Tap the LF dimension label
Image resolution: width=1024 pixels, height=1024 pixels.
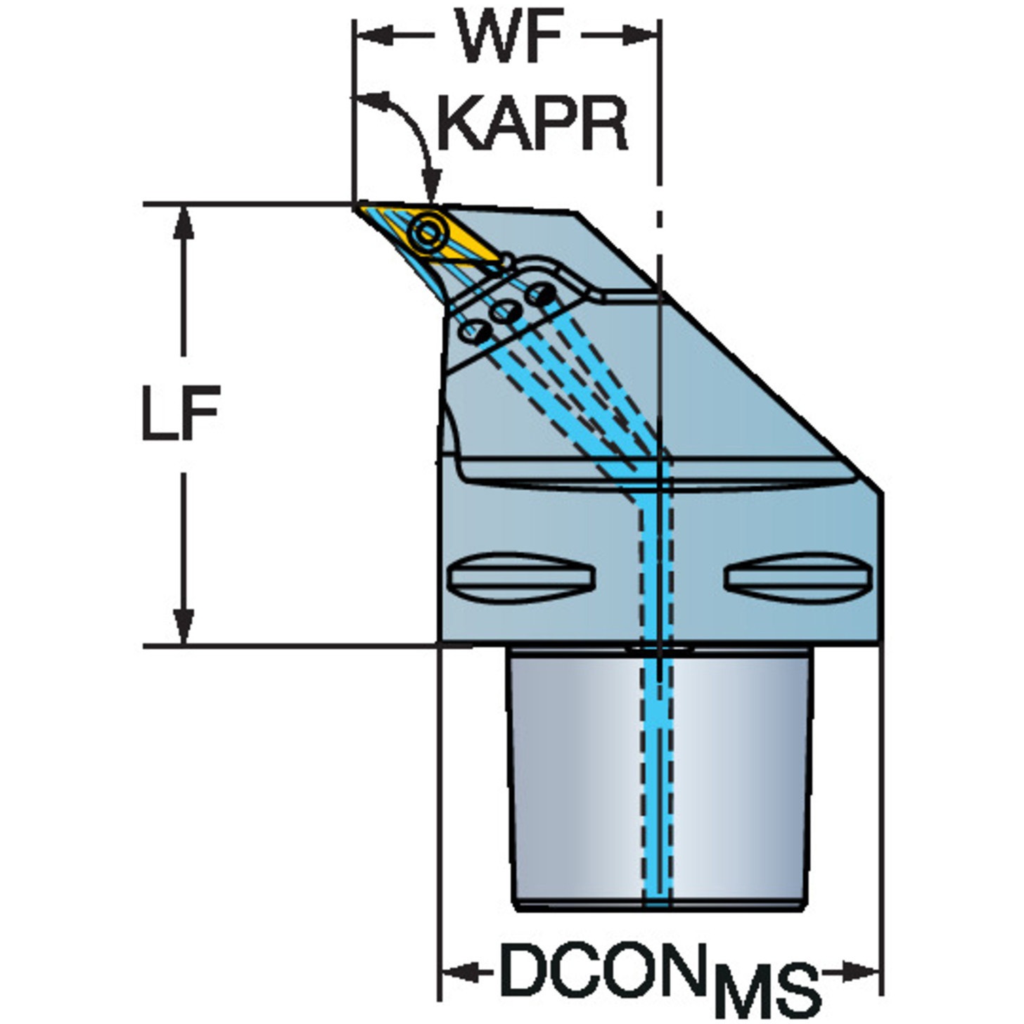(181, 413)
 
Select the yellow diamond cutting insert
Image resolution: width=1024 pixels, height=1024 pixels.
(430, 233)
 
